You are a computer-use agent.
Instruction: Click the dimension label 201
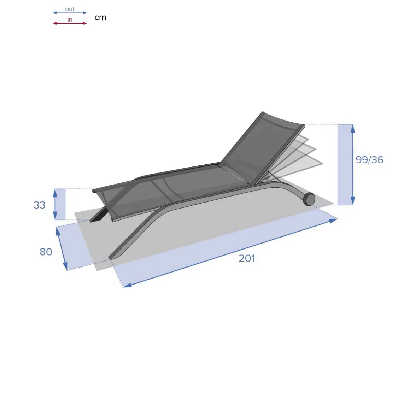[x=247, y=258]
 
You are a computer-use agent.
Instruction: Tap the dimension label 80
[x=46, y=252]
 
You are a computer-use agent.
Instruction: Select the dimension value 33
[x=40, y=205]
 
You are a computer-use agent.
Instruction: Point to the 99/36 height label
[x=369, y=160]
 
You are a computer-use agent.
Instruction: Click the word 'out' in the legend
[x=70, y=9]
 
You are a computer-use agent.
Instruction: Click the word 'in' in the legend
[x=70, y=19]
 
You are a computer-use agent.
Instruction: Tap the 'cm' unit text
[x=100, y=18]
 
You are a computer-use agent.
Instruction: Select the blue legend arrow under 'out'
[x=70, y=13]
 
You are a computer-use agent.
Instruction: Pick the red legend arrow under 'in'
[x=70, y=23]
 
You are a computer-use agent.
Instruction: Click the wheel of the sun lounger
[x=309, y=199]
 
